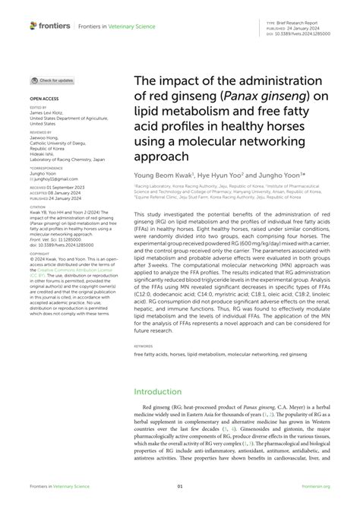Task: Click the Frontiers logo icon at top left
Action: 34,25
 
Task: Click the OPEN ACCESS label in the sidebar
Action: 43,99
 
